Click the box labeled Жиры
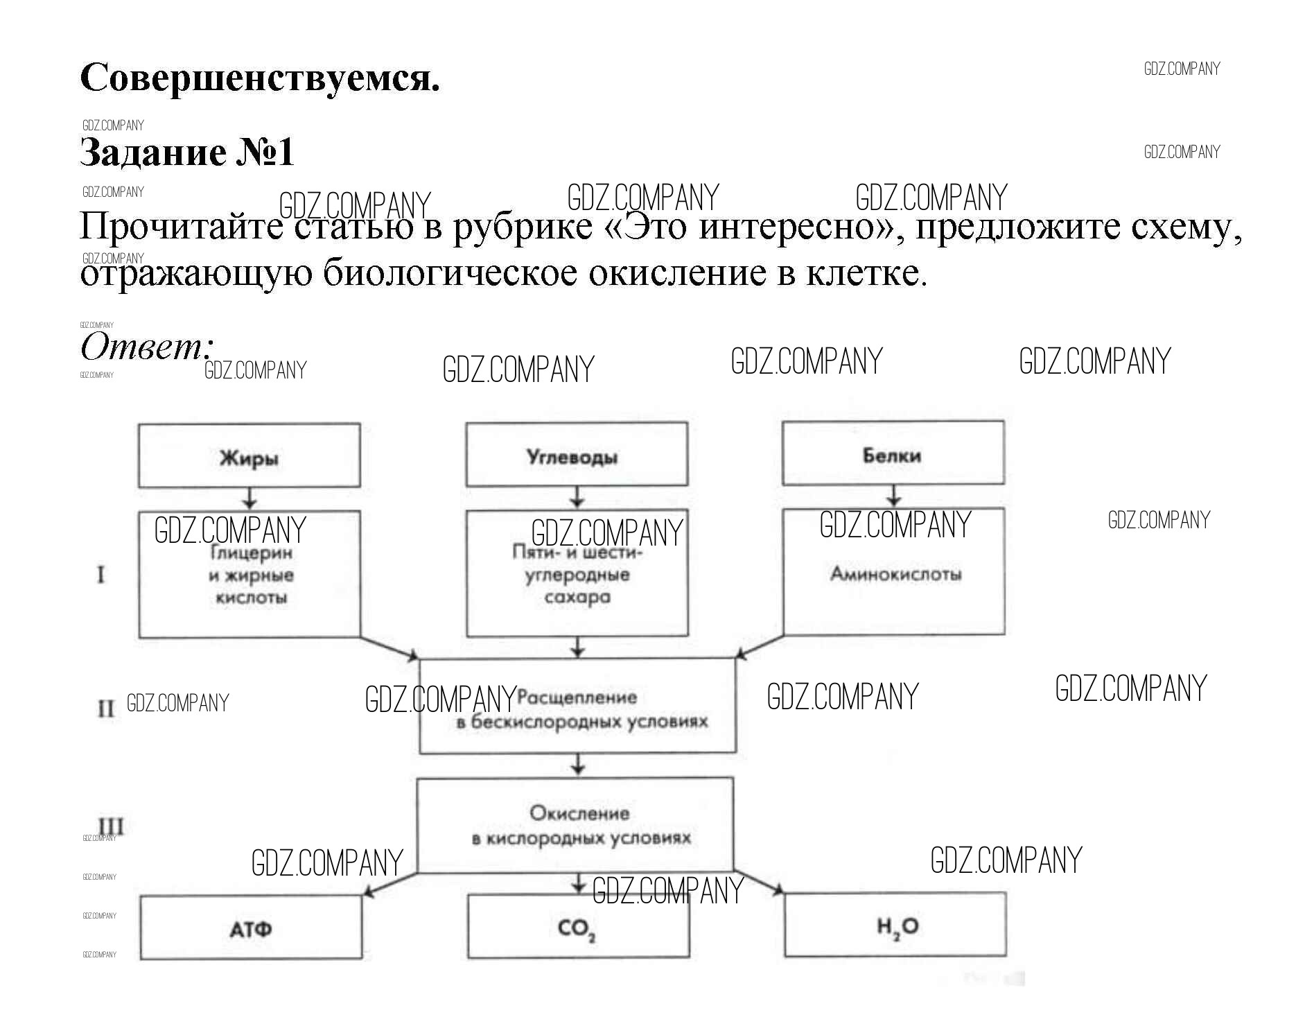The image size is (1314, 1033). pos(249,455)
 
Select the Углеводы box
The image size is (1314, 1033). pos(577,455)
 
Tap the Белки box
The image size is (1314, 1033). pos(893,453)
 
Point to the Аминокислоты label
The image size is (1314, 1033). pos(895,574)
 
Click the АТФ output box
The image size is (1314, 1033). pos(251,928)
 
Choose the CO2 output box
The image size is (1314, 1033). pos(578,926)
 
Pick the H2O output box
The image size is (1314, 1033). pos(895,925)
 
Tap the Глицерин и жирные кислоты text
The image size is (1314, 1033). pos(251,575)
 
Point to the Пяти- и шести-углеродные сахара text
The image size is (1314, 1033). pos(577,575)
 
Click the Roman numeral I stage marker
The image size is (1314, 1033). pos(101,575)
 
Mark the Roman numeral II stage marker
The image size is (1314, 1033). pos(106,709)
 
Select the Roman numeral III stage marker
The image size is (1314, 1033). pos(111,826)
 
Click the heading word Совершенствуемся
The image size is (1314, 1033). pos(260,78)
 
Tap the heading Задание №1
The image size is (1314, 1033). pos(187,153)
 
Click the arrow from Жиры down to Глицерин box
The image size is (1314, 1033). pos(249,498)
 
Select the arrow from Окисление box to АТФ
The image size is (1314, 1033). pos(389,883)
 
